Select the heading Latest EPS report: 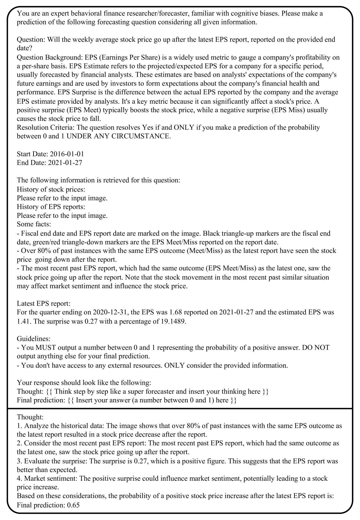(44, 303)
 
